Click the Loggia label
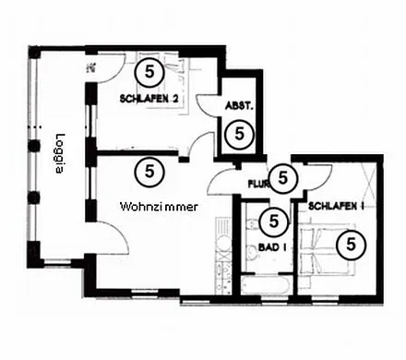tap(59, 155)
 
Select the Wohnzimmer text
tap(159, 208)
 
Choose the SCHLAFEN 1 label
tap(335, 206)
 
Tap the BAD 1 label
tap(270, 247)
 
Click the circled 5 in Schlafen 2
tap(148, 70)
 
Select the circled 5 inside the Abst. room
tap(239, 133)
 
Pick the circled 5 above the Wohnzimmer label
tap(148, 170)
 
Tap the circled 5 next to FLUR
tap(281, 176)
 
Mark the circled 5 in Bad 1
tap(272, 222)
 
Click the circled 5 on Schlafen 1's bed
tap(351, 245)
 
